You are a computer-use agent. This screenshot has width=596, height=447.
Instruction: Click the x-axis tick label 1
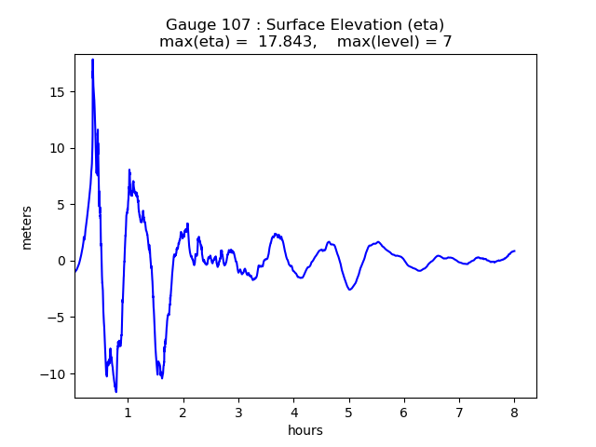[128, 411]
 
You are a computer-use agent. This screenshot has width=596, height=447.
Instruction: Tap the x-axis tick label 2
[183, 411]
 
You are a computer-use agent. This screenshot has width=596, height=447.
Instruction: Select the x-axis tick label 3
[238, 411]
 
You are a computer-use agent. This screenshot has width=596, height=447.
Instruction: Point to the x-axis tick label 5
[349, 411]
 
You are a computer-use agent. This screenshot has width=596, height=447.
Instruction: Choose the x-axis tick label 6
[404, 411]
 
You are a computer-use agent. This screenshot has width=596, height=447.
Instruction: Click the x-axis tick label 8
[514, 411]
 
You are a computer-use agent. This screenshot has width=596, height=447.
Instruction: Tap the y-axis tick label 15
[58, 92]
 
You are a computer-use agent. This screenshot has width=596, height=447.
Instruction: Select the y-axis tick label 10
[58, 148]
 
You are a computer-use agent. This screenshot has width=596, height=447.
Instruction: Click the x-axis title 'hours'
[305, 430]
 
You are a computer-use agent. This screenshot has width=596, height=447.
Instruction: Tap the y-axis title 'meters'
[27, 227]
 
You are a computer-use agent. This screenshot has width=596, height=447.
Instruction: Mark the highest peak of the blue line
[92, 60]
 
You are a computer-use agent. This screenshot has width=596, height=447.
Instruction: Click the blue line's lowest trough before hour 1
[116, 391]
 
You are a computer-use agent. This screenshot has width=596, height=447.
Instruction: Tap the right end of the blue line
[514, 251]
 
